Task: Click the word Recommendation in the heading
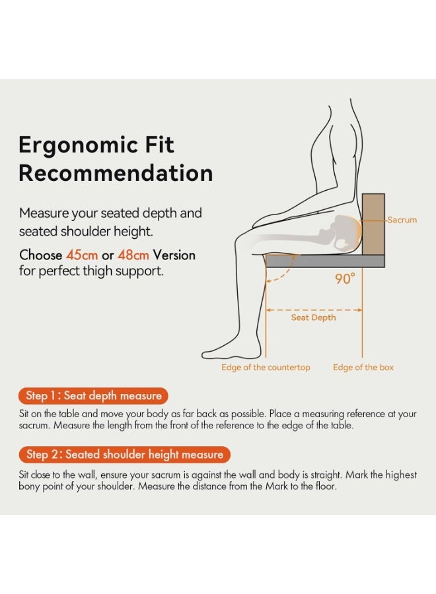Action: click(x=116, y=174)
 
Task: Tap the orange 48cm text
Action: click(x=133, y=255)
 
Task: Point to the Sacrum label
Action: click(x=402, y=220)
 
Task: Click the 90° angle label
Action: click(x=345, y=279)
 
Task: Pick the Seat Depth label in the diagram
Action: click(x=313, y=317)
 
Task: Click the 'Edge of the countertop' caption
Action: click(x=266, y=367)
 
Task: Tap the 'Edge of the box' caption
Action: click(x=363, y=367)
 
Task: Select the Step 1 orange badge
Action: click(x=94, y=396)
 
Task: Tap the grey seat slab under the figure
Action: click(x=324, y=261)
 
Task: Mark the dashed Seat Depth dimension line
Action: click(x=313, y=309)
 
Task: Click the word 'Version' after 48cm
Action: click(x=174, y=255)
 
